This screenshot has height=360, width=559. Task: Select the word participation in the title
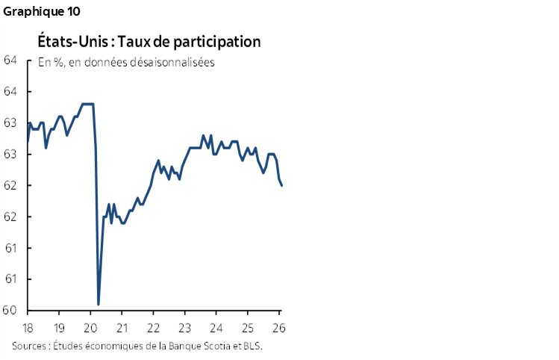coord(215,42)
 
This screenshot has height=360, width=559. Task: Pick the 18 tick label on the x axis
coord(28,329)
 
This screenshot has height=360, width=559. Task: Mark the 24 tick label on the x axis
coord(217,329)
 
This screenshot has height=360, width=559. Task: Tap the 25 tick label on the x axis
coord(249,329)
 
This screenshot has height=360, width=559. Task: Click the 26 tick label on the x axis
coord(280,329)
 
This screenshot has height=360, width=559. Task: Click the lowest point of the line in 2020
coord(99,304)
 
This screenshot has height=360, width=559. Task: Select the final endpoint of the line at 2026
coord(281,185)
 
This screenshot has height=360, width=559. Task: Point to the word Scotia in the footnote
coord(218,346)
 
